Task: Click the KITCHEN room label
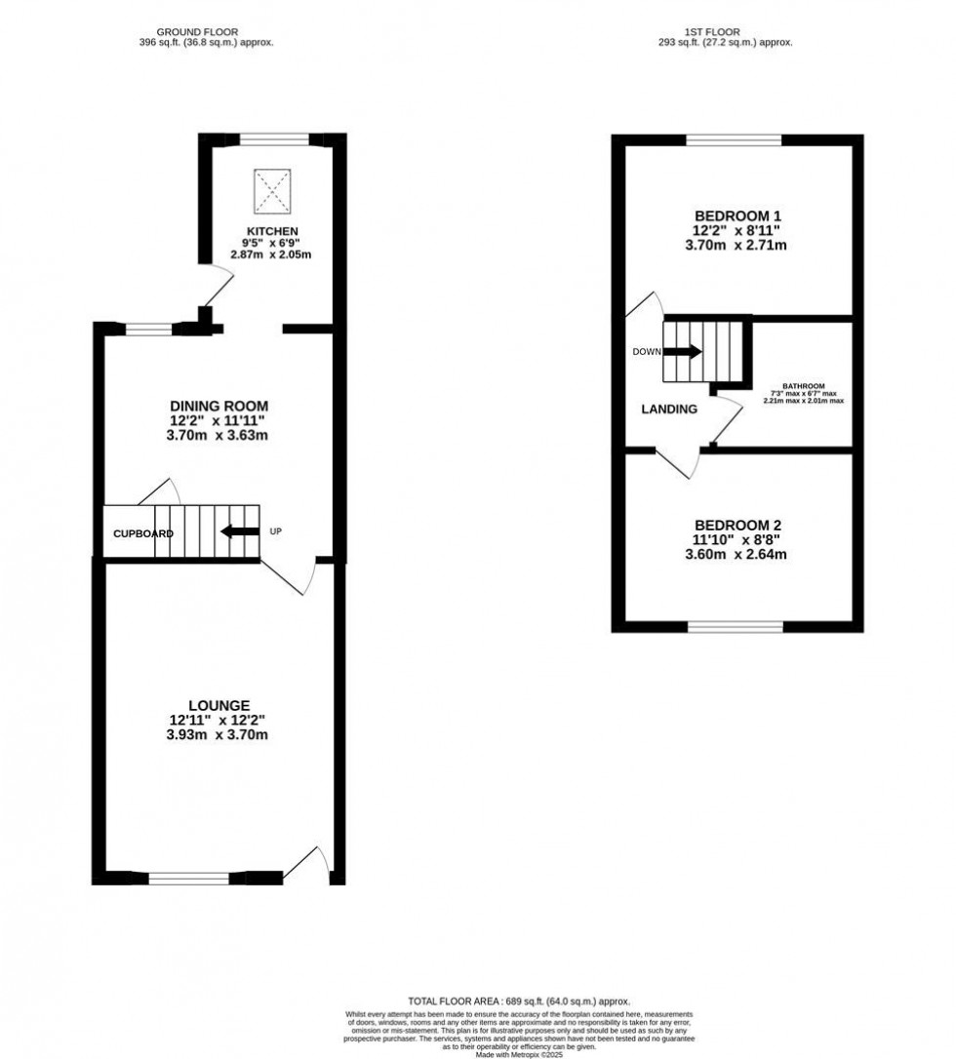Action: (x=271, y=230)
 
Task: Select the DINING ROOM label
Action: (x=219, y=406)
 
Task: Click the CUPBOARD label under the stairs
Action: (x=143, y=534)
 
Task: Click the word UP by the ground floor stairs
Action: (x=276, y=531)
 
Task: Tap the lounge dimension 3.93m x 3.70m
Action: (x=219, y=735)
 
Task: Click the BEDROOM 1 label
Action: (x=737, y=216)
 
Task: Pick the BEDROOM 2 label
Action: (x=737, y=524)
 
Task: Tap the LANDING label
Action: (x=669, y=410)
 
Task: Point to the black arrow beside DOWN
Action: (x=682, y=352)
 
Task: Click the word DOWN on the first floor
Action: (x=646, y=352)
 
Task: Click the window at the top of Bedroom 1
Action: (x=734, y=140)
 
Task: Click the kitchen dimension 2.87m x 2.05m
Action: (x=271, y=255)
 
